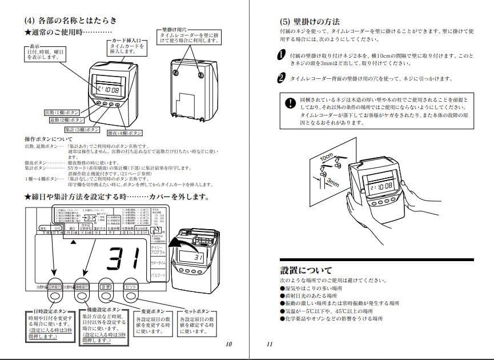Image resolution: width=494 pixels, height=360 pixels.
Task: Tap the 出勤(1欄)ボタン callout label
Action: (x=62, y=113)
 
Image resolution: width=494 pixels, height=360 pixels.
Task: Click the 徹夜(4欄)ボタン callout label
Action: (x=124, y=133)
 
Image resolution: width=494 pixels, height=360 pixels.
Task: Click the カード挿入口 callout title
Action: (x=126, y=41)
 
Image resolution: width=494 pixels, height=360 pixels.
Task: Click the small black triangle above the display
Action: (x=72, y=242)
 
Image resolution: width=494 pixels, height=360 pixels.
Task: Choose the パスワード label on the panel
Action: (x=159, y=275)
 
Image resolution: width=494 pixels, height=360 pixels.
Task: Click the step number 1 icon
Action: (x=280, y=55)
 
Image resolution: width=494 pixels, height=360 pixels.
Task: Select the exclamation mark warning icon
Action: (x=290, y=104)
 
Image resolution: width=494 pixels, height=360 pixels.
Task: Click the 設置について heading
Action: (x=306, y=270)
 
